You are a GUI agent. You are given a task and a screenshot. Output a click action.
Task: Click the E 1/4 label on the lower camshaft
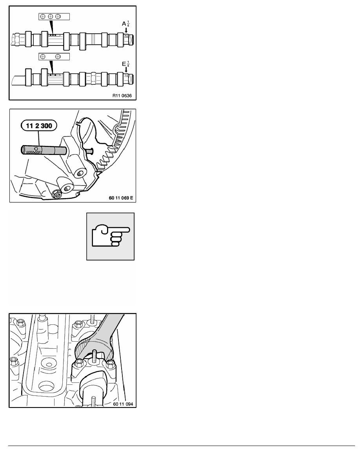(x=125, y=62)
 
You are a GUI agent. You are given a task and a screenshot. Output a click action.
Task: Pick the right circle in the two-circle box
(x=58, y=56)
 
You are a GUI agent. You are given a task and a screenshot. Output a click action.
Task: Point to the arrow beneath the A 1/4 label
(x=126, y=30)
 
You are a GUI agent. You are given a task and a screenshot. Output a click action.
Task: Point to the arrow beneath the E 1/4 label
(x=126, y=69)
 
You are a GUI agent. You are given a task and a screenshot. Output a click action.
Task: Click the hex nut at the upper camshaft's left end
(x=16, y=39)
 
